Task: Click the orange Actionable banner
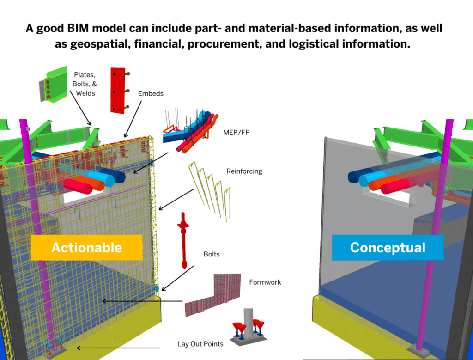pyautogui.click(x=86, y=247)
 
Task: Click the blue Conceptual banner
pyautogui.click(x=388, y=247)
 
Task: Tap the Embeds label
pyautogui.click(x=151, y=93)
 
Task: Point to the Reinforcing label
pyautogui.click(x=244, y=171)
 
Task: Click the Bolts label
pyautogui.click(x=212, y=254)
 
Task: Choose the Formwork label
pyautogui.click(x=265, y=282)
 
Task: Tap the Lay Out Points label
pyautogui.click(x=200, y=344)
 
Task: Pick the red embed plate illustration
pyautogui.click(x=117, y=90)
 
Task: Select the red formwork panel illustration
pyautogui.click(x=213, y=294)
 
